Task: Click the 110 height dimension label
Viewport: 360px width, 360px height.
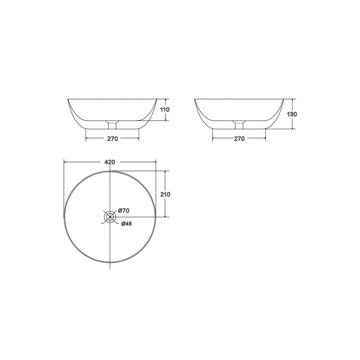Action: [x=165, y=109]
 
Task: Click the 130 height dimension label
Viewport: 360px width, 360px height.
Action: [x=292, y=114]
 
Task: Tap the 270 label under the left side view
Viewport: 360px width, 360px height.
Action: [x=112, y=139]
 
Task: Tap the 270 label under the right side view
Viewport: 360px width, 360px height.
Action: [x=239, y=139]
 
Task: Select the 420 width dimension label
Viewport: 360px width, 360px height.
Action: [x=110, y=162]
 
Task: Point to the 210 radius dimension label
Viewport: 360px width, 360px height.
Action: [x=165, y=194]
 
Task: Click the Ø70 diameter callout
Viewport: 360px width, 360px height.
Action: [x=124, y=211]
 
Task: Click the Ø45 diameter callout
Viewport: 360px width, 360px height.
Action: [x=127, y=224]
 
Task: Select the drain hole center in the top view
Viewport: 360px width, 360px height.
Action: [x=110, y=216]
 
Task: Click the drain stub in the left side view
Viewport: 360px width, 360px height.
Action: [x=112, y=125]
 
